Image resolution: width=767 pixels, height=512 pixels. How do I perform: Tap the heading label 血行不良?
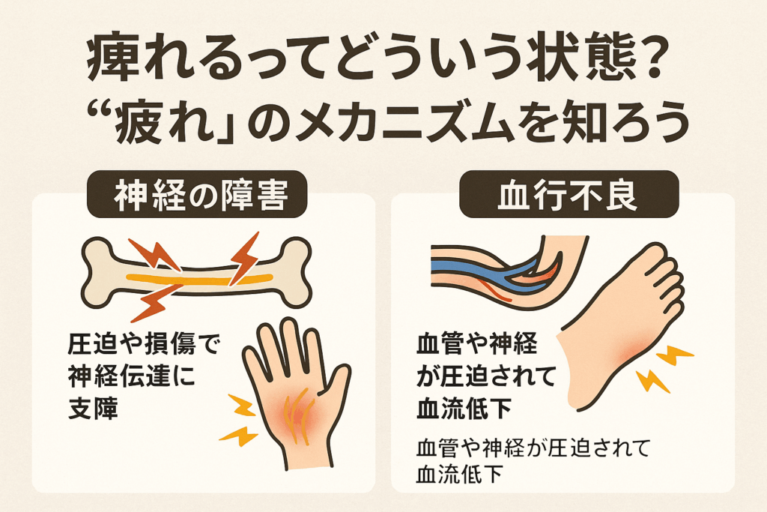coord(569,196)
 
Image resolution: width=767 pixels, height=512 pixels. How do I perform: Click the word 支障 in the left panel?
coord(93,407)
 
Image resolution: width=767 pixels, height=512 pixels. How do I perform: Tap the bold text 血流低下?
coord(464,407)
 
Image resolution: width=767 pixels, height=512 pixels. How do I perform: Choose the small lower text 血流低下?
coord(459,474)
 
